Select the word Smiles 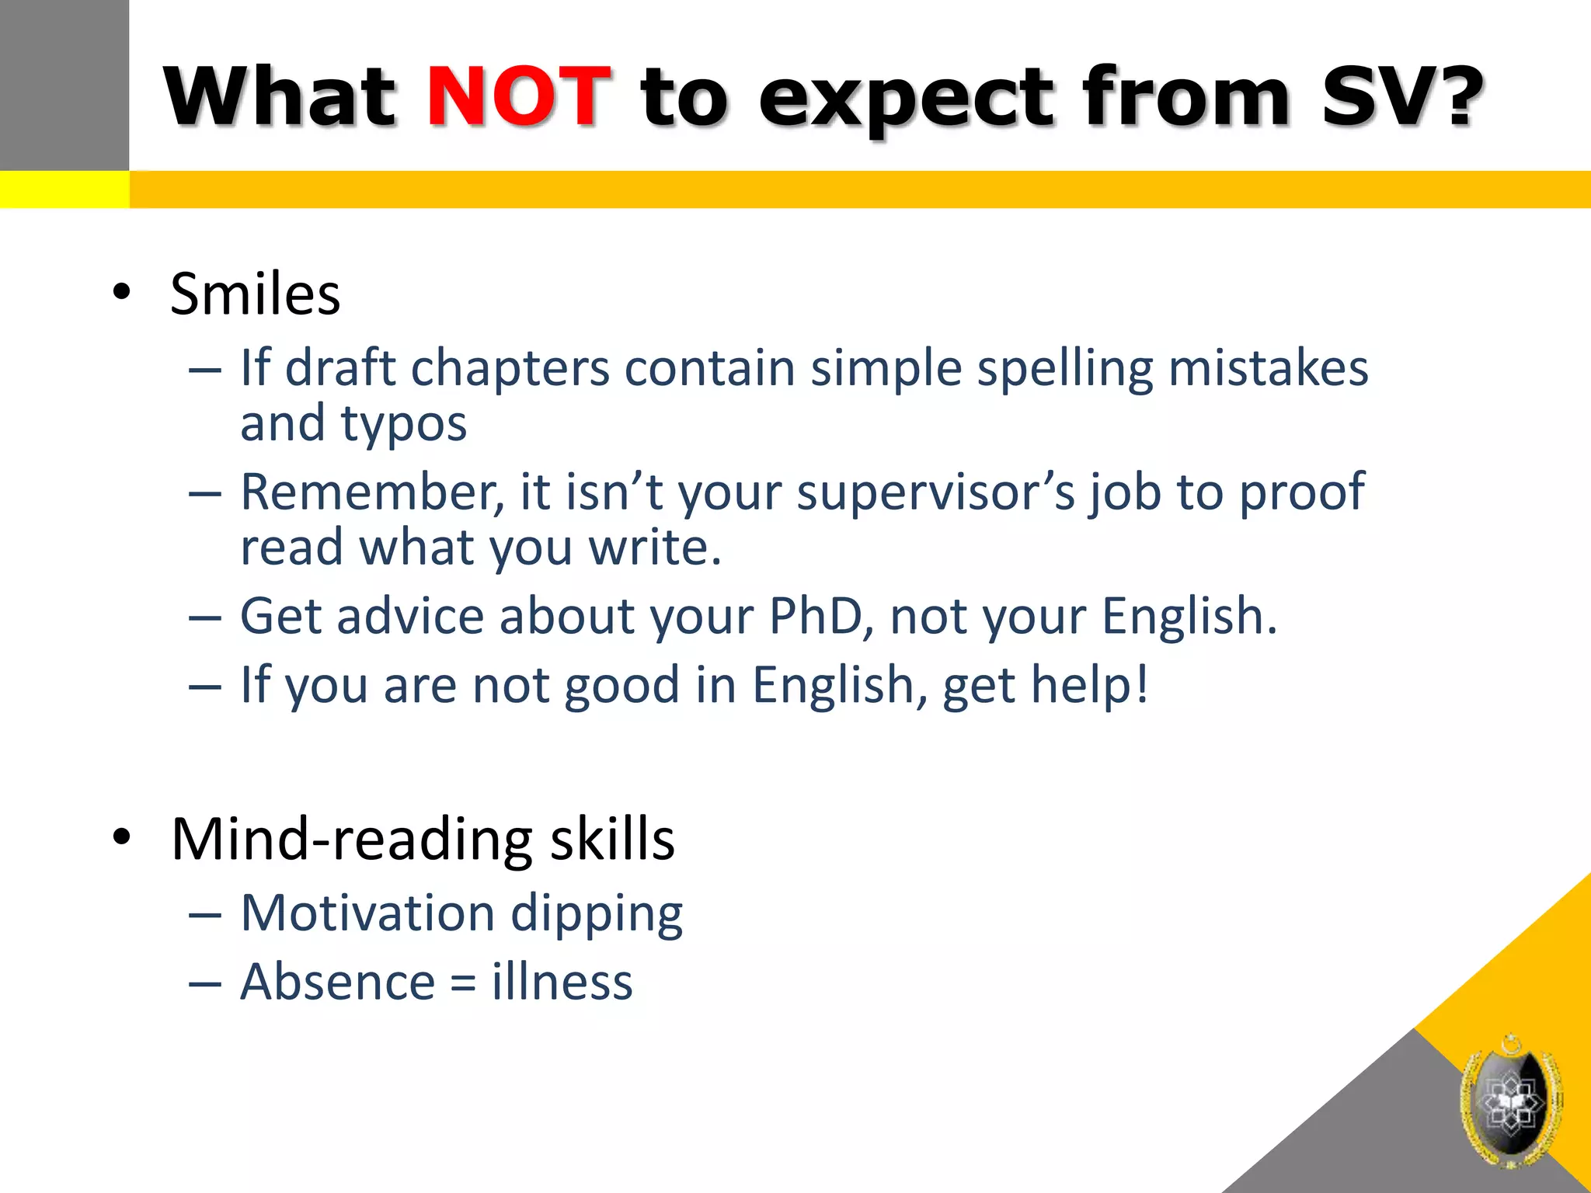(255, 294)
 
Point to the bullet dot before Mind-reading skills (121, 838)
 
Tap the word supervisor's (935, 492)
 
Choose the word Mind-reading (353, 840)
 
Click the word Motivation (367, 913)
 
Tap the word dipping (597, 914)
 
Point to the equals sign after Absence (463, 983)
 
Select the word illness (562, 981)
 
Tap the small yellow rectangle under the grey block (64, 190)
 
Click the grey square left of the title (64, 84)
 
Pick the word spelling (1064, 368)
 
